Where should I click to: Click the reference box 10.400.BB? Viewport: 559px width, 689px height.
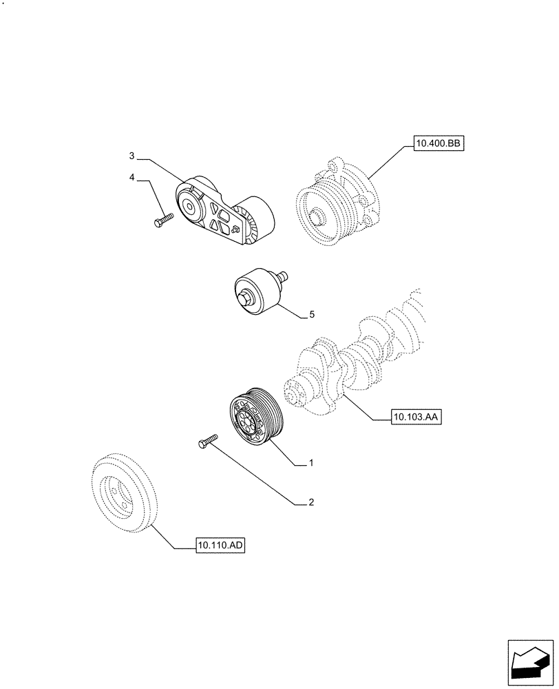[x=440, y=144]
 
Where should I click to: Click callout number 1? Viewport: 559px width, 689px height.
[x=311, y=464]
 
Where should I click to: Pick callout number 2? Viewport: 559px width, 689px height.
[x=311, y=503]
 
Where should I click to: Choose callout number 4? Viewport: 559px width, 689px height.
[x=131, y=178]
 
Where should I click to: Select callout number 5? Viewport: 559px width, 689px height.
[x=311, y=315]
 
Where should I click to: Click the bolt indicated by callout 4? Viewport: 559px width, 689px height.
[x=162, y=220]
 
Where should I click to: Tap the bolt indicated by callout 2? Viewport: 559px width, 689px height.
[x=207, y=441]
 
